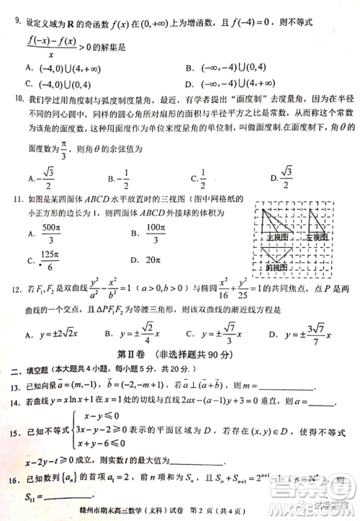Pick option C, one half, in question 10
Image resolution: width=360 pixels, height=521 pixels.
pyautogui.click(x=202, y=177)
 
